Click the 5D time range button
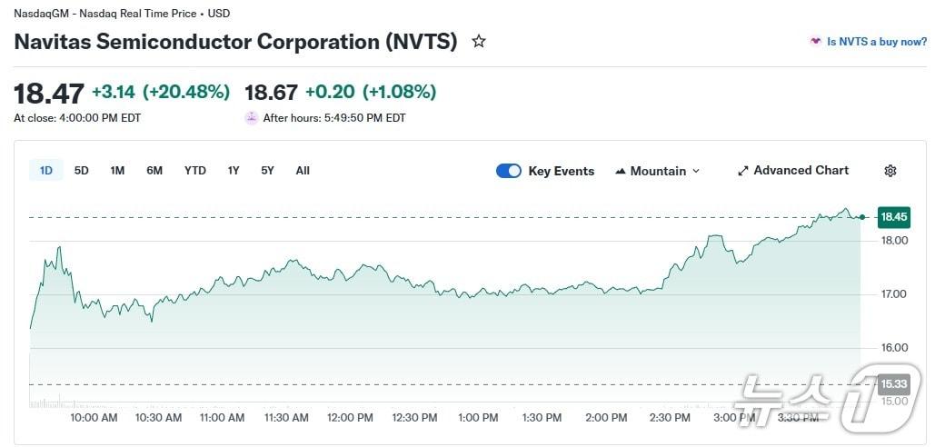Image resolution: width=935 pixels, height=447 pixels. (x=82, y=171)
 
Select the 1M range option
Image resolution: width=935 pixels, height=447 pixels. (x=117, y=171)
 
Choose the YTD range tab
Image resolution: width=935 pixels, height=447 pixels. (x=194, y=171)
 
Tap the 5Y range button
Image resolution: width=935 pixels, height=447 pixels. (x=267, y=171)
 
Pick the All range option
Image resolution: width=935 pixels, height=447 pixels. (x=303, y=171)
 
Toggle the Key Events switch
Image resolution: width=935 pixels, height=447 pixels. (x=509, y=171)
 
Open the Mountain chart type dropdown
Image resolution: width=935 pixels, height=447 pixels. (x=658, y=171)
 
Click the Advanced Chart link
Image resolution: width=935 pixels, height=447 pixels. (x=793, y=171)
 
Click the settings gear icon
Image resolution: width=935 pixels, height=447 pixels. (x=890, y=171)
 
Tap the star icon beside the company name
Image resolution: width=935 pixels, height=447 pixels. (x=479, y=42)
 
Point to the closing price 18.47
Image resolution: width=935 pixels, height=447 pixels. (x=49, y=93)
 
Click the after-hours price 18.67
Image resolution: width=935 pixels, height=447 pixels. (x=271, y=93)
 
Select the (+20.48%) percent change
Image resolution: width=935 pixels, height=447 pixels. (x=186, y=93)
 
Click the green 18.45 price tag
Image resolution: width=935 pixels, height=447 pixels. (x=893, y=217)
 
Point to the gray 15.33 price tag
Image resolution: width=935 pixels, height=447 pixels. (x=893, y=384)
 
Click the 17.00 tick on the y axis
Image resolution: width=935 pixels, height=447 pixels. (x=895, y=294)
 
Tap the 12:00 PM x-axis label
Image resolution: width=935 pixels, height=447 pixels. (x=351, y=418)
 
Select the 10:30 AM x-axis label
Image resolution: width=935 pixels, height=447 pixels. (x=158, y=418)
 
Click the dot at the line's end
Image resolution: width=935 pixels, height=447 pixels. (x=861, y=217)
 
